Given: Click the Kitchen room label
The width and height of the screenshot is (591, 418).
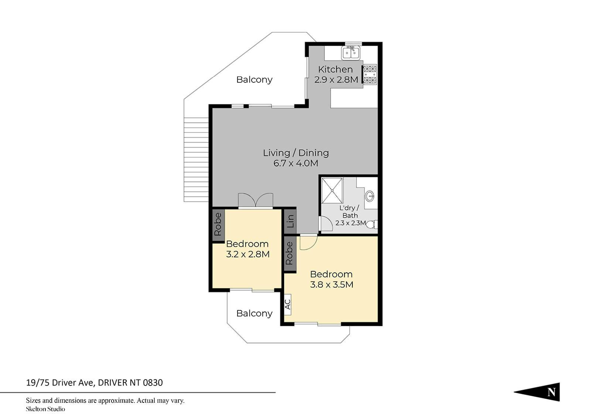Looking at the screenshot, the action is (x=335, y=69).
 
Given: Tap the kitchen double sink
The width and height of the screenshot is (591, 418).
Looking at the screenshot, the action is (x=351, y=53).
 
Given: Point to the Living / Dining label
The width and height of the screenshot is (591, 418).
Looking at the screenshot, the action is (x=296, y=153).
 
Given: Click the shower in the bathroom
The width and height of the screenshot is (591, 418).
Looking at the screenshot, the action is (x=332, y=191).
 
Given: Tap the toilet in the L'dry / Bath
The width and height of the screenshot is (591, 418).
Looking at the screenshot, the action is (x=372, y=224).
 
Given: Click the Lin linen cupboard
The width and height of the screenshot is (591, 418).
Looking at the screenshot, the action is (x=290, y=221).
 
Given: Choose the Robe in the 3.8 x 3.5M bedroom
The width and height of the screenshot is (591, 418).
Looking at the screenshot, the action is (x=290, y=253).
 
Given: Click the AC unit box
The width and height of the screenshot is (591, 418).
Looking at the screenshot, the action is (x=288, y=305).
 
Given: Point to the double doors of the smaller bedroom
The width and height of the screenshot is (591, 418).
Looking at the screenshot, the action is (x=255, y=200).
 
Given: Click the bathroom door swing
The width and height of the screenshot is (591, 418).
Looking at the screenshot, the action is (x=325, y=224).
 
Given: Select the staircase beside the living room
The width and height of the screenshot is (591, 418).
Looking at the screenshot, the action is (x=196, y=160).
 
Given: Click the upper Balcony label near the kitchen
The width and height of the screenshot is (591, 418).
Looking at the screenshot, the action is (x=254, y=80).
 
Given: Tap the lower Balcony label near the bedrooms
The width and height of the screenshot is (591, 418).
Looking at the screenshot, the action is (x=254, y=313).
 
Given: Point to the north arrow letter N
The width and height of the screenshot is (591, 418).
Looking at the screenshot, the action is (x=551, y=392).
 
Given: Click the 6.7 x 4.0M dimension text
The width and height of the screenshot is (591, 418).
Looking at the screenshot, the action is (x=296, y=163).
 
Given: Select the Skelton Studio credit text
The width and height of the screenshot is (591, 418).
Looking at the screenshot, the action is (x=45, y=409).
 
